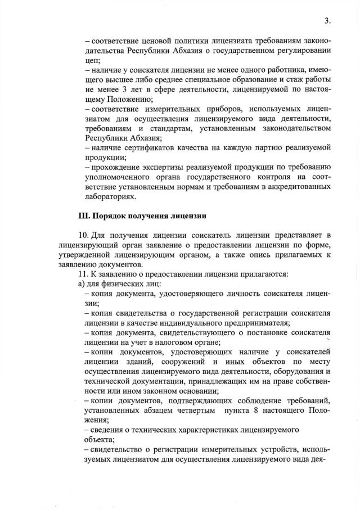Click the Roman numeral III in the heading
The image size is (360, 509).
tap(83, 214)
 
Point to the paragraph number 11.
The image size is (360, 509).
tap(83, 274)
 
